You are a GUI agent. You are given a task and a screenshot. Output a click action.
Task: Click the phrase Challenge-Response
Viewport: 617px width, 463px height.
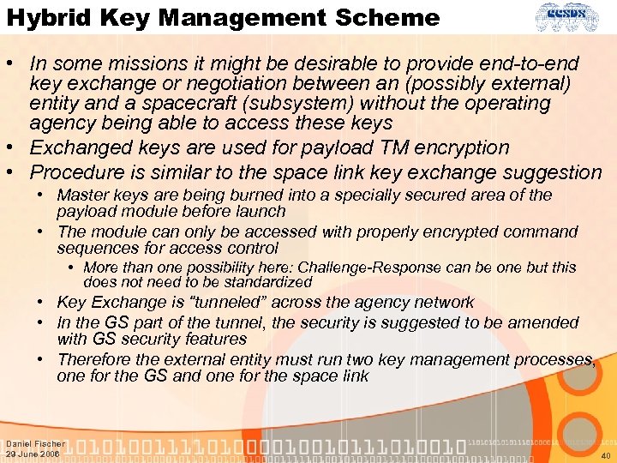click(x=380, y=268)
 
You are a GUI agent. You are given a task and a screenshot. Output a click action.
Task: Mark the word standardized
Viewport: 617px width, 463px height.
click(x=265, y=281)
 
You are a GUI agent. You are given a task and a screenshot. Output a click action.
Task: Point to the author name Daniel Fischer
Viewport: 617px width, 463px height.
click(x=35, y=444)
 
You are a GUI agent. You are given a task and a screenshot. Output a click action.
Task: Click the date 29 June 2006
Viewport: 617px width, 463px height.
click(x=33, y=454)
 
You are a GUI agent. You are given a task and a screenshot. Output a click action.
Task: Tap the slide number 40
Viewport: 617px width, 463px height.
click(x=606, y=455)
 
